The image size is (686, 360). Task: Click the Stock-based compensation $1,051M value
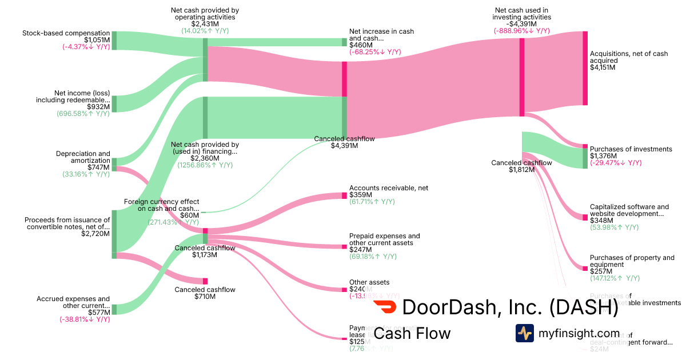click(x=97, y=40)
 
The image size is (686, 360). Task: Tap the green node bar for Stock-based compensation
click(x=114, y=41)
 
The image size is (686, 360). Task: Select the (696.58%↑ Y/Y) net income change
click(x=83, y=114)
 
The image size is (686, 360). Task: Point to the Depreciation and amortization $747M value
click(x=98, y=167)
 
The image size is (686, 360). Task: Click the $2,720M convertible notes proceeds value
click(x=95, y=234)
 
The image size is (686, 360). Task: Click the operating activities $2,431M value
click(x=205, y=24)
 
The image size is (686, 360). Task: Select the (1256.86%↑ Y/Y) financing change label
click(x=205, y=165)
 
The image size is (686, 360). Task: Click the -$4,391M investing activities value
click(x=522, y=24)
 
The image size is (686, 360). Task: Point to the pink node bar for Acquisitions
click(x=585, y=68)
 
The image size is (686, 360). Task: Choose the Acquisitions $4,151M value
click(x=603, y=67)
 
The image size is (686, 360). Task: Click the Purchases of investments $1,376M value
click(x=603, y=156)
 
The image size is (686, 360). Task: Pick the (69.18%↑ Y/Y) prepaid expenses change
click(x=373, y=257)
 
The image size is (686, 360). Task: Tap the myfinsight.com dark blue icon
click(x=524, y=333)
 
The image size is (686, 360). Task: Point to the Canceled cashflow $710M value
click(x=205, y=297)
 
